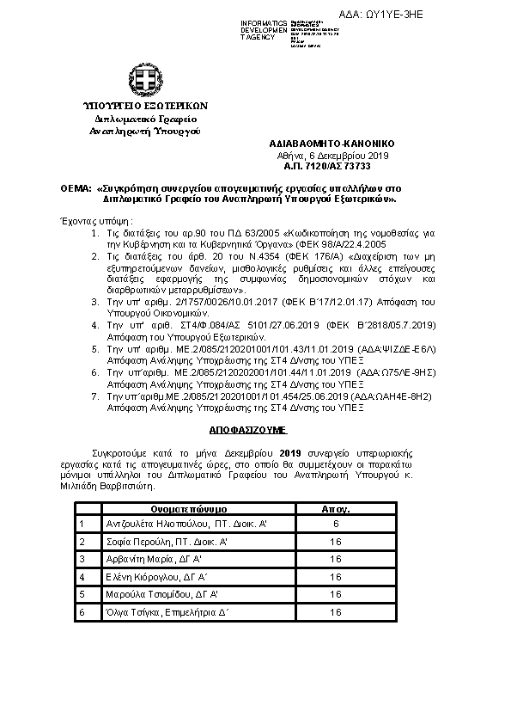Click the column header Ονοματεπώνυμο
point(188,509)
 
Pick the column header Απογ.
point(335,509)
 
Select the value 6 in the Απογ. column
point(335,524)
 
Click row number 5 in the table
point(81,594)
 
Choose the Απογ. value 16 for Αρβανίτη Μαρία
point(335,559)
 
